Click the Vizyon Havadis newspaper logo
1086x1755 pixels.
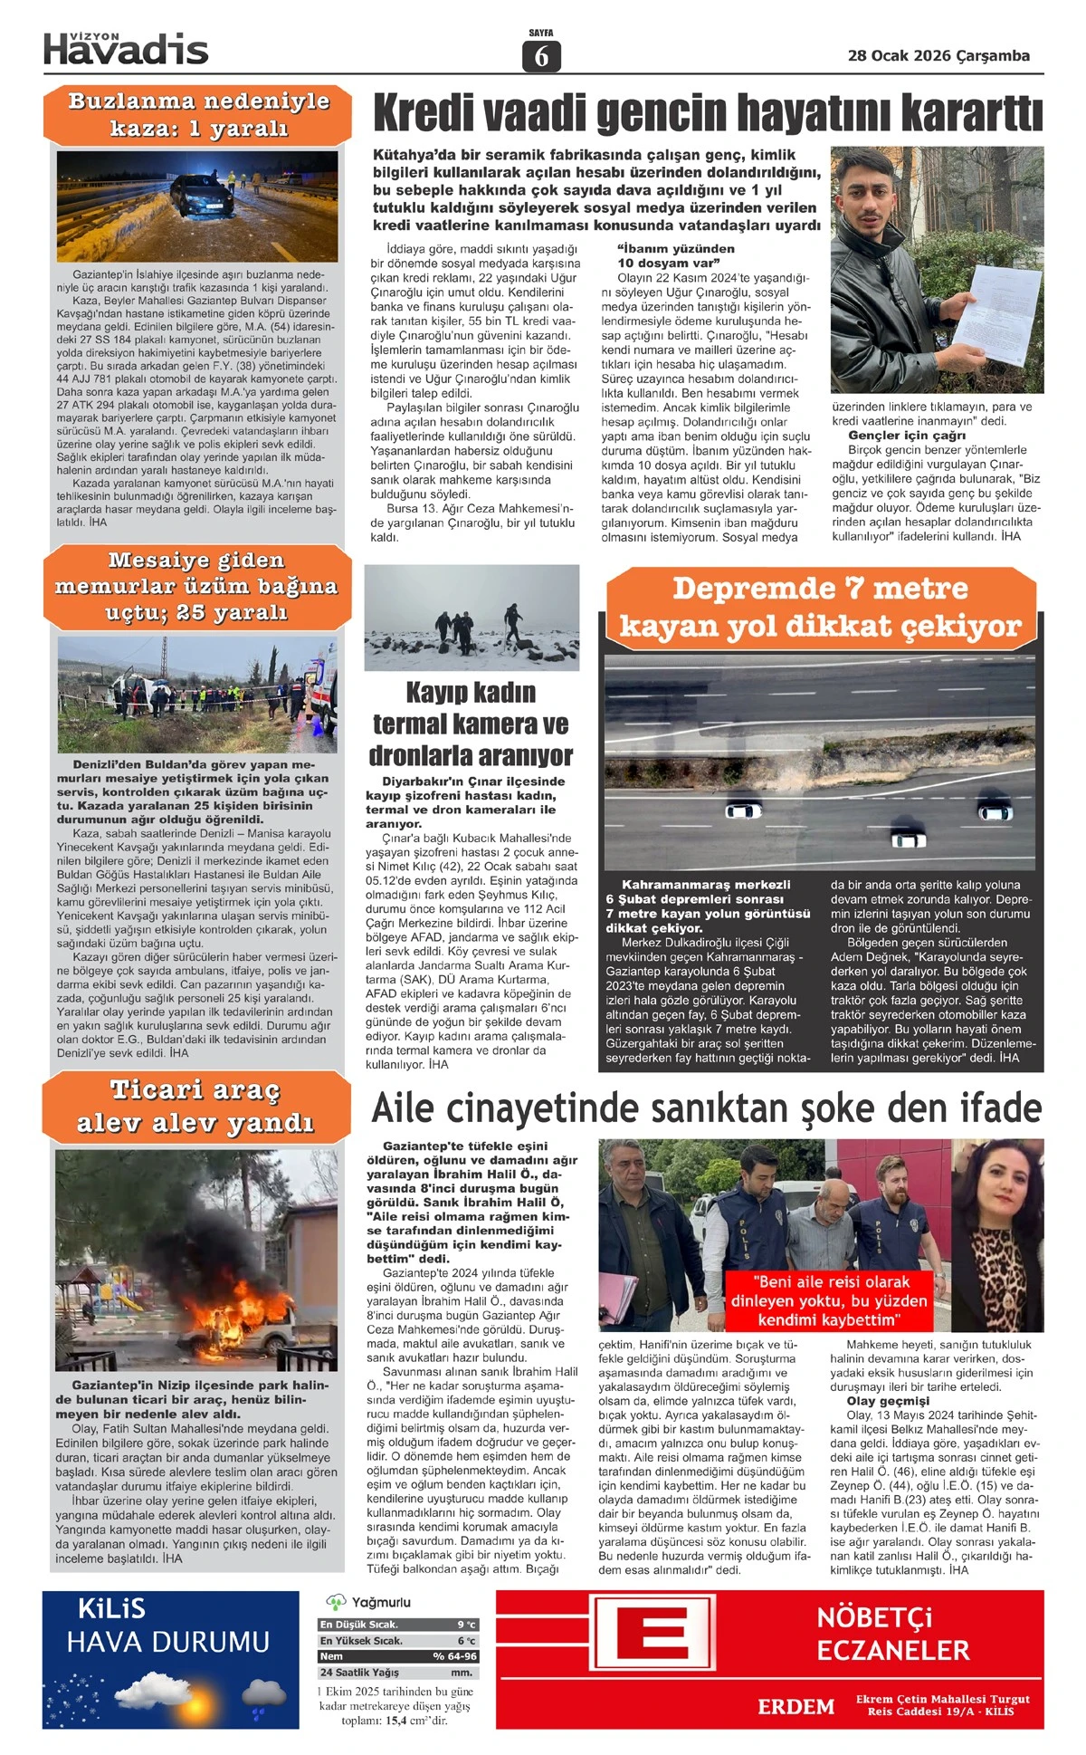[x=126, y=49]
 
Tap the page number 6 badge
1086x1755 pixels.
[x=541, y=56]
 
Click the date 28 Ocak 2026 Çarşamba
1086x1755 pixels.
[x=938, y=56]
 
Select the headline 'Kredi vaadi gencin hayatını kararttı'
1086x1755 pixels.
[x=707, y=114]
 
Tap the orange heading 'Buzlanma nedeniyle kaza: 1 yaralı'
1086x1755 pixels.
[x=198, y=114]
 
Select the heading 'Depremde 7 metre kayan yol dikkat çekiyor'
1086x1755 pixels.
[x=820, y=607]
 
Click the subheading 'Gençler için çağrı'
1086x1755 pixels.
[x=900, y=436]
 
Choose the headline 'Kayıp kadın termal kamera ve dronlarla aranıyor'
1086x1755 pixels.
[x=471, y=724]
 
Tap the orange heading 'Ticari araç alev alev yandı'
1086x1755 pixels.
[x=195, y=1107]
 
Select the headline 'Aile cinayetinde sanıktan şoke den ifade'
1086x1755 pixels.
[x=707, y=1108]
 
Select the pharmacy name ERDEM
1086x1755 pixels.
[x=796, y=1707]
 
